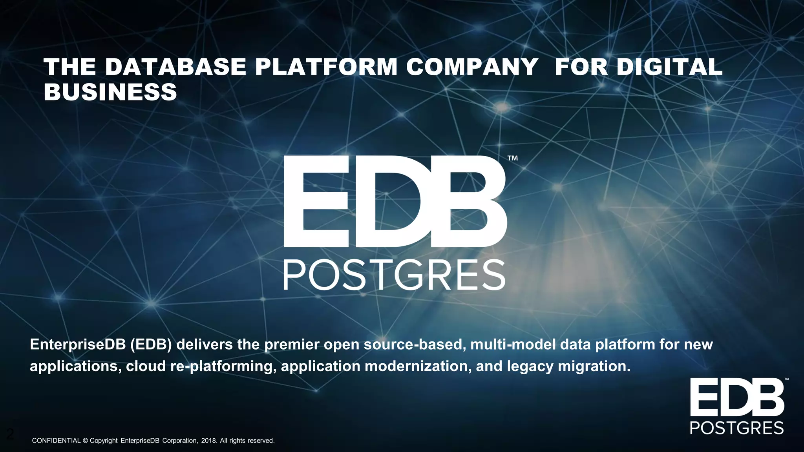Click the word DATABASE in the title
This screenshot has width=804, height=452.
[175, 67]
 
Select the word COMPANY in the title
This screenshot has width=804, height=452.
[472, 67]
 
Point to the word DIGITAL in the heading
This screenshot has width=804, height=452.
[669, 67]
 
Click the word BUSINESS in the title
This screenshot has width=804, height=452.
[110, 92]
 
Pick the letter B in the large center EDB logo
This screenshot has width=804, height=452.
[469, 201]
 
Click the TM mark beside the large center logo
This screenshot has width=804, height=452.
[513, 158]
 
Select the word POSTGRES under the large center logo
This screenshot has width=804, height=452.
[394, 275]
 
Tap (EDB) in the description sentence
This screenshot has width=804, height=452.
[151, 344]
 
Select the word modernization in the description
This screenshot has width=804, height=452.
[418, 366]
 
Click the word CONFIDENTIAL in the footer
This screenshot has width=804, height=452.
[56, 441]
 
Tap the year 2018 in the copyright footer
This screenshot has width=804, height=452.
[208, 441]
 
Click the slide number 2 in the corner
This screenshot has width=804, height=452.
[10, 434]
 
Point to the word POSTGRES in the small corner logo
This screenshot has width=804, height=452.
[737, 428]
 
